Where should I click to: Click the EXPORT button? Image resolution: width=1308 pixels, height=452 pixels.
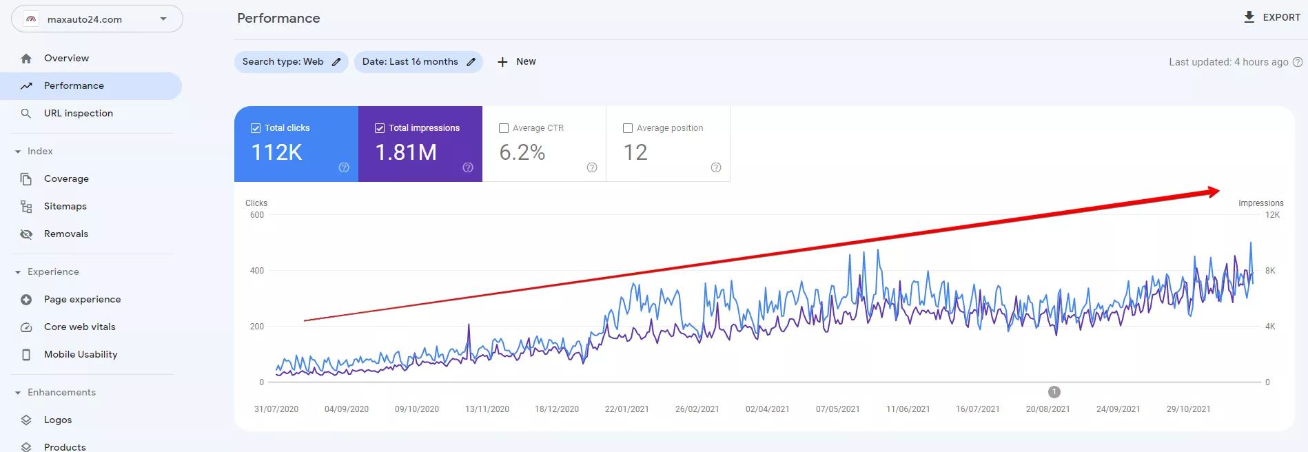[x=1271, y=17]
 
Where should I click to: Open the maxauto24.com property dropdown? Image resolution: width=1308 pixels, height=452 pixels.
[x=97, y=19]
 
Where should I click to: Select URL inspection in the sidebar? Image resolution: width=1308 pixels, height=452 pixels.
[x=78, y=113]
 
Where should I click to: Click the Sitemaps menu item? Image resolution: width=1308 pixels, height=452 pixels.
[x=65, y=206]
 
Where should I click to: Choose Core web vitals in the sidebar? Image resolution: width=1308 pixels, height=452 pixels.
[x=79, y=327]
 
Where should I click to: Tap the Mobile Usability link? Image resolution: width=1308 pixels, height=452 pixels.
[x=81, y=354]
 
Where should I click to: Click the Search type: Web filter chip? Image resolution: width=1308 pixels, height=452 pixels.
[x=291, y=61]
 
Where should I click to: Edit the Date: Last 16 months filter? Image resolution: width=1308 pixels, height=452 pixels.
[x=418, y=61]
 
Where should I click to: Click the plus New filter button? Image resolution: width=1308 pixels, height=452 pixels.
[x=516, y=61]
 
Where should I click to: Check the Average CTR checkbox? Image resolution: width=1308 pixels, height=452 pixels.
[x=504, y=128]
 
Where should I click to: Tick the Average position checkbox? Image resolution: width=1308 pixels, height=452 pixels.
[x=628, y=128]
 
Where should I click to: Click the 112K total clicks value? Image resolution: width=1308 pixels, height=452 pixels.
[x=277, y=152]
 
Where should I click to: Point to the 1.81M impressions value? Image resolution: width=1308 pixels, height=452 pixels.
[x=406, y=152]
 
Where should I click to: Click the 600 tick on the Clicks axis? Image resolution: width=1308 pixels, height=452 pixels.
[x=256, y=215]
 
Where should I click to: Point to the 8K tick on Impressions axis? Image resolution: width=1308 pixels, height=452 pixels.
[x=1270, y=271]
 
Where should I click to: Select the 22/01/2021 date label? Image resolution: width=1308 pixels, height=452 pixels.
[x=626, y=409]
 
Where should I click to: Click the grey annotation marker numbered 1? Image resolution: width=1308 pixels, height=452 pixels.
[x=1054, y=392]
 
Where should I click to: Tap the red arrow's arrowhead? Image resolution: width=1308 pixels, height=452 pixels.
[x=1213, y=192]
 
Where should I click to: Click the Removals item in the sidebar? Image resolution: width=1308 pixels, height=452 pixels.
[x=65, y=234]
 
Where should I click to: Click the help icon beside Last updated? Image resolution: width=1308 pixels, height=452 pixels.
[x=1298, y=62]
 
